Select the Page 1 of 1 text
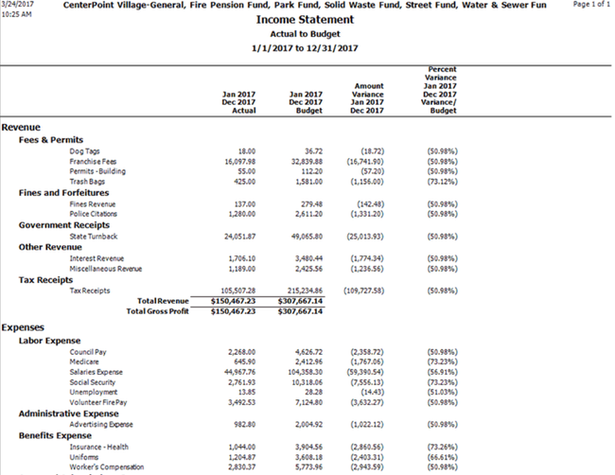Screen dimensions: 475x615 coord(591,5)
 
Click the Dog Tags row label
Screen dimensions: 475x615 coord(86,150)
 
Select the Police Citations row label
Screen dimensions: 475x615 coord(94,214)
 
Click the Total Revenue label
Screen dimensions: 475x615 coord(163,300)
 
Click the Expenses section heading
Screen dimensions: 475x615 coord(24,327)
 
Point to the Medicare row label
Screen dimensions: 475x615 coord(85,361)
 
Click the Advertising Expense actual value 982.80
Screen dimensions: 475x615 coord(243,424)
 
